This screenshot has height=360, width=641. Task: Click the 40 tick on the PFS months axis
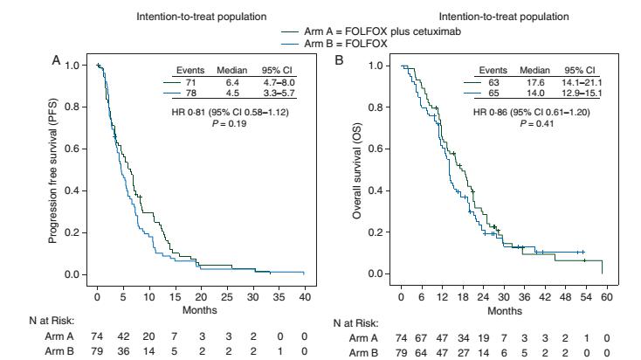[303, 287]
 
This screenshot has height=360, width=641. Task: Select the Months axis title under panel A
[200, 298]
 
